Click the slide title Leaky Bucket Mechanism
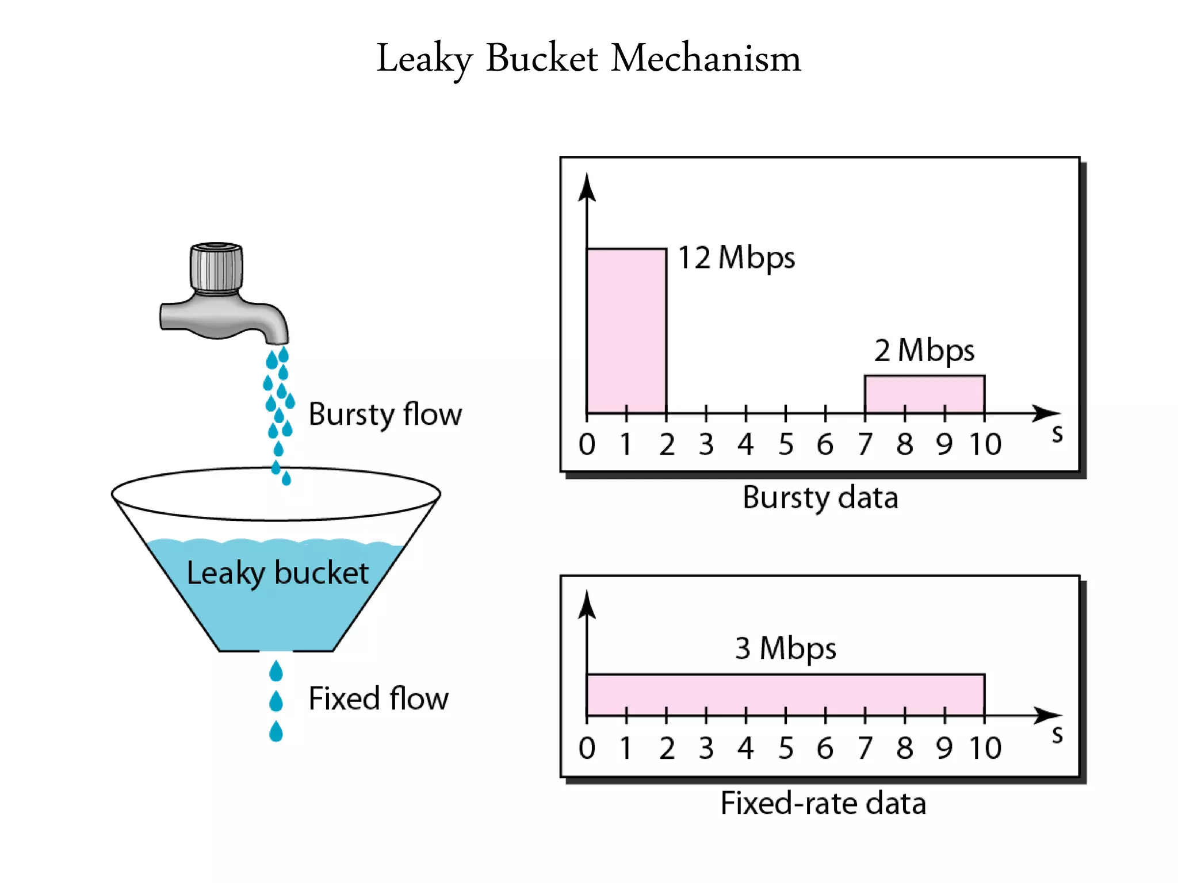(x=588, y=59)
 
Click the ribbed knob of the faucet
(x=216, y=268)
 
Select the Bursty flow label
(x=385, y=414)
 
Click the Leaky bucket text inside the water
(x=277, y=573)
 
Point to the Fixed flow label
(x=378, y=698)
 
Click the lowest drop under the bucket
(x=276, y=732)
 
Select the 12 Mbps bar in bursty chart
(x=626, y=331)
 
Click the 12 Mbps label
(x=736, y=258)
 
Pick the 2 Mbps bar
(x=924, y=394)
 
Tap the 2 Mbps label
(x=924, y=350)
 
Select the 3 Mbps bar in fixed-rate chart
(x=785, y=694)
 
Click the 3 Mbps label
(x=785, y=648)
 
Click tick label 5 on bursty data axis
(x=786, y=444)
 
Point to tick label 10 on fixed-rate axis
(x=985, y=748)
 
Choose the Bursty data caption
(x=820, y=498)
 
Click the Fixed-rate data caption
(x=823, y=803)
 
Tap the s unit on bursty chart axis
(x=1057, y=434)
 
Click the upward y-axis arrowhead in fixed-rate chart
(x=587, y=604)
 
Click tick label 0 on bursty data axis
(x=587, y=444)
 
